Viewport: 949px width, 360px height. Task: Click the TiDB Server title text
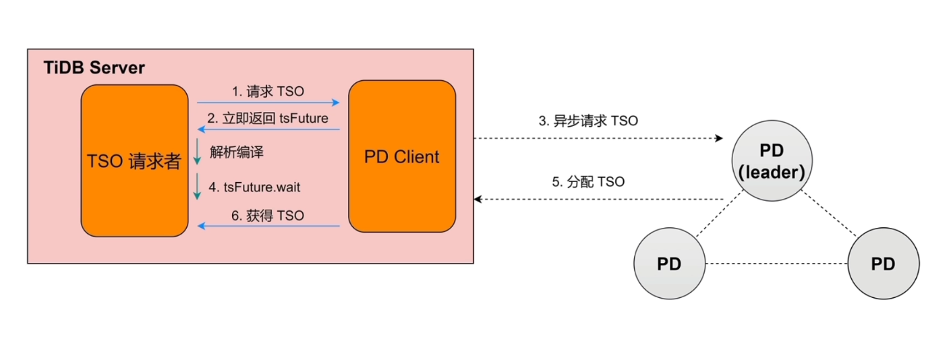pyautogui.click(x=94, y=68)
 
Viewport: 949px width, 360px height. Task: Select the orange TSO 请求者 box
pyautogui.click(x=135, y=160)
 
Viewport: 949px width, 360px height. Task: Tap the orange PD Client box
pyautogui.click(x=402, y=156)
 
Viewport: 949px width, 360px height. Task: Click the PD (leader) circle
pyautogui.click(x=772, y=161)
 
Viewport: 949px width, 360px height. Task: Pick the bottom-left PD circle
pyautogui.click(x=669, y=264)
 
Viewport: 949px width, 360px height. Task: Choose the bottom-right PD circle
pyautogui.click(x=884, y=264)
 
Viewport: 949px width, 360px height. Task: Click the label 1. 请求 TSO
pyautogui.click(x=268, y=91)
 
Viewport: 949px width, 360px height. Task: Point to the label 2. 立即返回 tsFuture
pyautogui.click(x=268, y=118)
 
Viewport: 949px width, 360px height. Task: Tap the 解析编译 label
pyautogui.click(x=236, y=152)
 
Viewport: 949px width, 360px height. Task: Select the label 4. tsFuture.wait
pyautogui.click(x=255, y=187)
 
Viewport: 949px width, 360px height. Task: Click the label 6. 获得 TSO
pyautogui.click(x=268, y=216)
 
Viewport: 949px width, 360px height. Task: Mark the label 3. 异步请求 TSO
pyautogui.click(x=588, y=121)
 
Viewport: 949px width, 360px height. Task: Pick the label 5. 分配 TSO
pyautogui.click(x=588, y=182)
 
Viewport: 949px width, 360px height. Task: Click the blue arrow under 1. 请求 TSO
pyautogui.click(x=268, y=102)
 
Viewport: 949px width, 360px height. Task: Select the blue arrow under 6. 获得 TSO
pyautogui.click(x=268, y=226)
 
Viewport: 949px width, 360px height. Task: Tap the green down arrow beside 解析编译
pyautogui.click(x=197, y=151)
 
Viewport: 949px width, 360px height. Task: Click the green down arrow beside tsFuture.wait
pyautogui.click(x=197, y=186)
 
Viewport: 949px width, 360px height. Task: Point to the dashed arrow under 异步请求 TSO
pyautogui.click(x=598, y=138)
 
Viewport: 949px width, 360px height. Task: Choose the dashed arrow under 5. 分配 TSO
pyautogui.click(x=598, y=199)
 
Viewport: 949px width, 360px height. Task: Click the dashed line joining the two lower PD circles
pyautogui.click(x=776, y=264)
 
